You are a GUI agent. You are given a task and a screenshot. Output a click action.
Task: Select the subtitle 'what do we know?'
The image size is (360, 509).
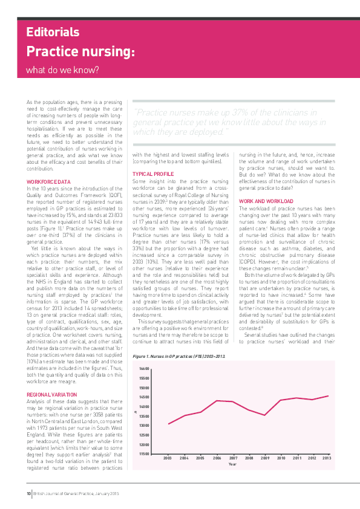click(x=62, y=70)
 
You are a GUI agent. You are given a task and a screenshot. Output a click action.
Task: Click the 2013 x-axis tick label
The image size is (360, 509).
click(x=327, y=458)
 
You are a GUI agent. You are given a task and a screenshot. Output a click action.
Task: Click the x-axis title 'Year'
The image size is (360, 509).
click(x=232, y=464)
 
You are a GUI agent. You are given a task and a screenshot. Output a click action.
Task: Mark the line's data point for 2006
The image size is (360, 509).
click(x=217, y=384)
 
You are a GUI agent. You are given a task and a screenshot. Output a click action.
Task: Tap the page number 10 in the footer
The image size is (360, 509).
click(x=28, y=494)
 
